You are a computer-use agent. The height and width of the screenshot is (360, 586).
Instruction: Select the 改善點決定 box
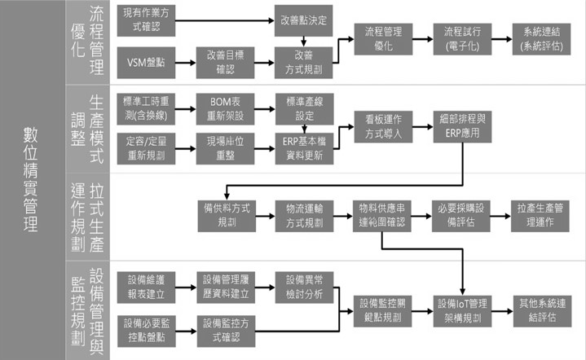point(303,19)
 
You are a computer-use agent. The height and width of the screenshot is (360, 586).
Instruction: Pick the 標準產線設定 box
point(305,106)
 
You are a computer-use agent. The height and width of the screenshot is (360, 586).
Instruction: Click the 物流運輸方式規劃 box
point(304,214)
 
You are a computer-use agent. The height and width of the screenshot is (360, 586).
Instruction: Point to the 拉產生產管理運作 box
point(540,214)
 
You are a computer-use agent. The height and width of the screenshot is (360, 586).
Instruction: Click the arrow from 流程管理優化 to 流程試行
point(422,39)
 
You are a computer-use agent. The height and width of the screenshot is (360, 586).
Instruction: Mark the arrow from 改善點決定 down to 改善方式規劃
point(303,39)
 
